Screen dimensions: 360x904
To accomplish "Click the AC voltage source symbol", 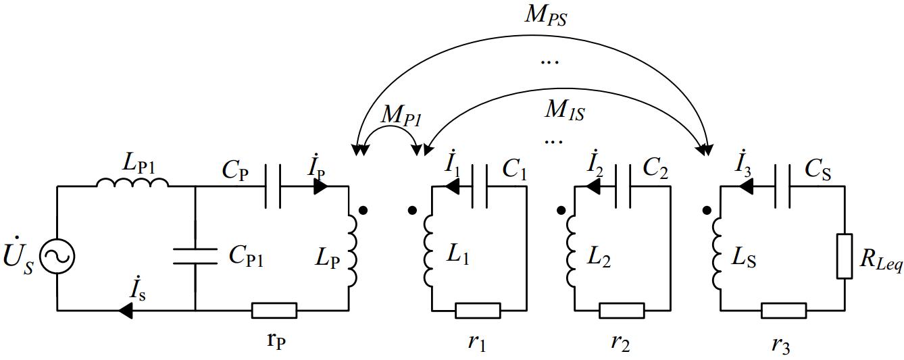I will click(x=57, y=256).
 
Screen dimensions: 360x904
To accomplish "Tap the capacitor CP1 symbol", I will click(x=195, y=256).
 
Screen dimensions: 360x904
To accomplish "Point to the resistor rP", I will click(x=274, y=310).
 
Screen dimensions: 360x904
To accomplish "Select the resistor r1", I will click(x=478, y=310).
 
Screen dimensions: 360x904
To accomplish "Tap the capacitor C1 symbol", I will click(x=481, y=186).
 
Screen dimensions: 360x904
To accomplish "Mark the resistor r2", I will click(x=622, y=310).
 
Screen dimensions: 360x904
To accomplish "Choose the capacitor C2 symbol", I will click(x=624, y=186).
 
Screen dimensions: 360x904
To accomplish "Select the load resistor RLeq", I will click(x=845, y=256).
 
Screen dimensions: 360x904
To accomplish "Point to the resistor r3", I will click(x=783, y=310).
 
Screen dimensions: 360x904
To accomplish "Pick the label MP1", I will click(x=401, y=115).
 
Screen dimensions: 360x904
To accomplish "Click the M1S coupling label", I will click(x=564, y=109).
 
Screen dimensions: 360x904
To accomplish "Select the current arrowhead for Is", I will click(x=126, y=310).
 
